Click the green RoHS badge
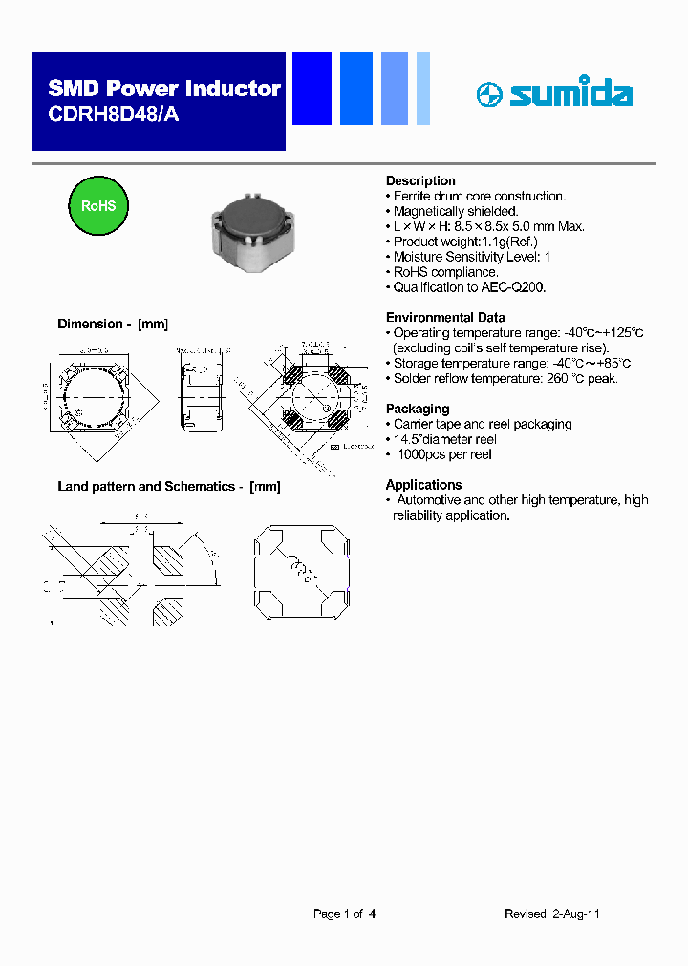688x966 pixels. (x=97, y=206)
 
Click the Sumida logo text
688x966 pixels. (x=570, y=94)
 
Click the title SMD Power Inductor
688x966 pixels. (x=164, y=89)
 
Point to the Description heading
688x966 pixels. (x=420, y=180)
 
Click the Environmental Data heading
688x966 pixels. (x=445, y=317)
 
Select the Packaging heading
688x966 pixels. (x=418, y=409)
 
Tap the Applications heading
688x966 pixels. (x=423, y=485)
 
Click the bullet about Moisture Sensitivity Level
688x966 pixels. (x=471, y=257)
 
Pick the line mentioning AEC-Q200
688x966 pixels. (x=469, y=287)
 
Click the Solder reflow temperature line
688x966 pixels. (x=505, y=378)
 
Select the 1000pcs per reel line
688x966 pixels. (x=443, y=454)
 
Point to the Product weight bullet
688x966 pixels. (x=465, y=241)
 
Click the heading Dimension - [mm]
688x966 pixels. (x=113, y=325)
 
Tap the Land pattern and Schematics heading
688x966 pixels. (x=169, y=486)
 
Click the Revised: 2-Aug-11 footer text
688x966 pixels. (x=551, y=913)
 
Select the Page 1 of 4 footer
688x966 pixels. (x=344, y=913)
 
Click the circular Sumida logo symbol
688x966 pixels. (x=488, y=94)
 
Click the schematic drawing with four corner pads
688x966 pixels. (x=300, y=573)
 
